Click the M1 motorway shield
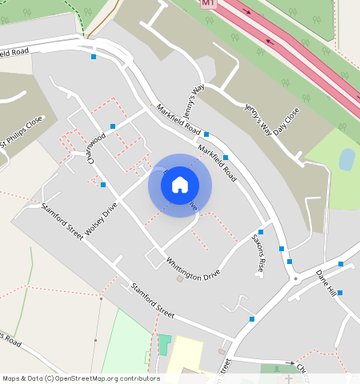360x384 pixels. coord(209,3)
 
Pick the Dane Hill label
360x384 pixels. coord(326,282)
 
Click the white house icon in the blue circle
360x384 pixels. coord(180,186)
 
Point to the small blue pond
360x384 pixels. coord(346,159)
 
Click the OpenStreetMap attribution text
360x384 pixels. coord(81,378)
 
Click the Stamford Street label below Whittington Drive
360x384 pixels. coord(152,299)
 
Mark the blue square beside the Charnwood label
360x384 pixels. coord(113,126)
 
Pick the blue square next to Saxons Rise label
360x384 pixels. coord(261,232)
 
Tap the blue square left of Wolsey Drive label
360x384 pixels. coord(103,185)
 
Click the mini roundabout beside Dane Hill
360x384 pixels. coord(297,279)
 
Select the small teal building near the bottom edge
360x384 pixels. coord(164,345)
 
